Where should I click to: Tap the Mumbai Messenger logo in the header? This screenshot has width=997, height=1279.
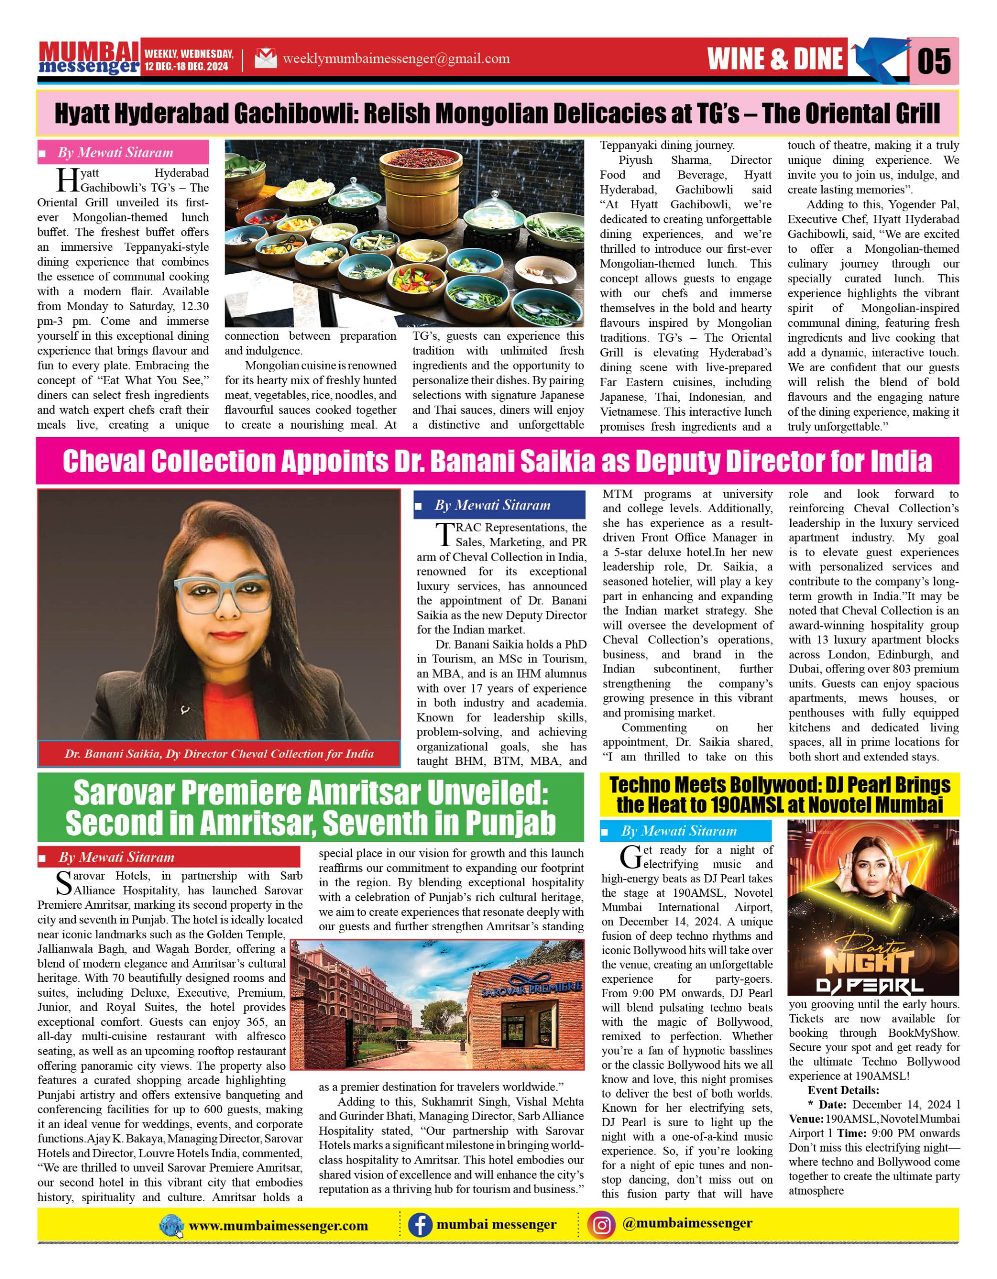coord(89,58)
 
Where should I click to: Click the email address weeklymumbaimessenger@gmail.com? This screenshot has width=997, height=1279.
coord(396,58)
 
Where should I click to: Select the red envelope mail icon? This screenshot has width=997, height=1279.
coord(265,58)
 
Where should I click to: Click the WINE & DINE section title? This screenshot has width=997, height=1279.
coord(775,58)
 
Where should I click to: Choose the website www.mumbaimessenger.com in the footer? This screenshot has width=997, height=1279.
coord(278,1226)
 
